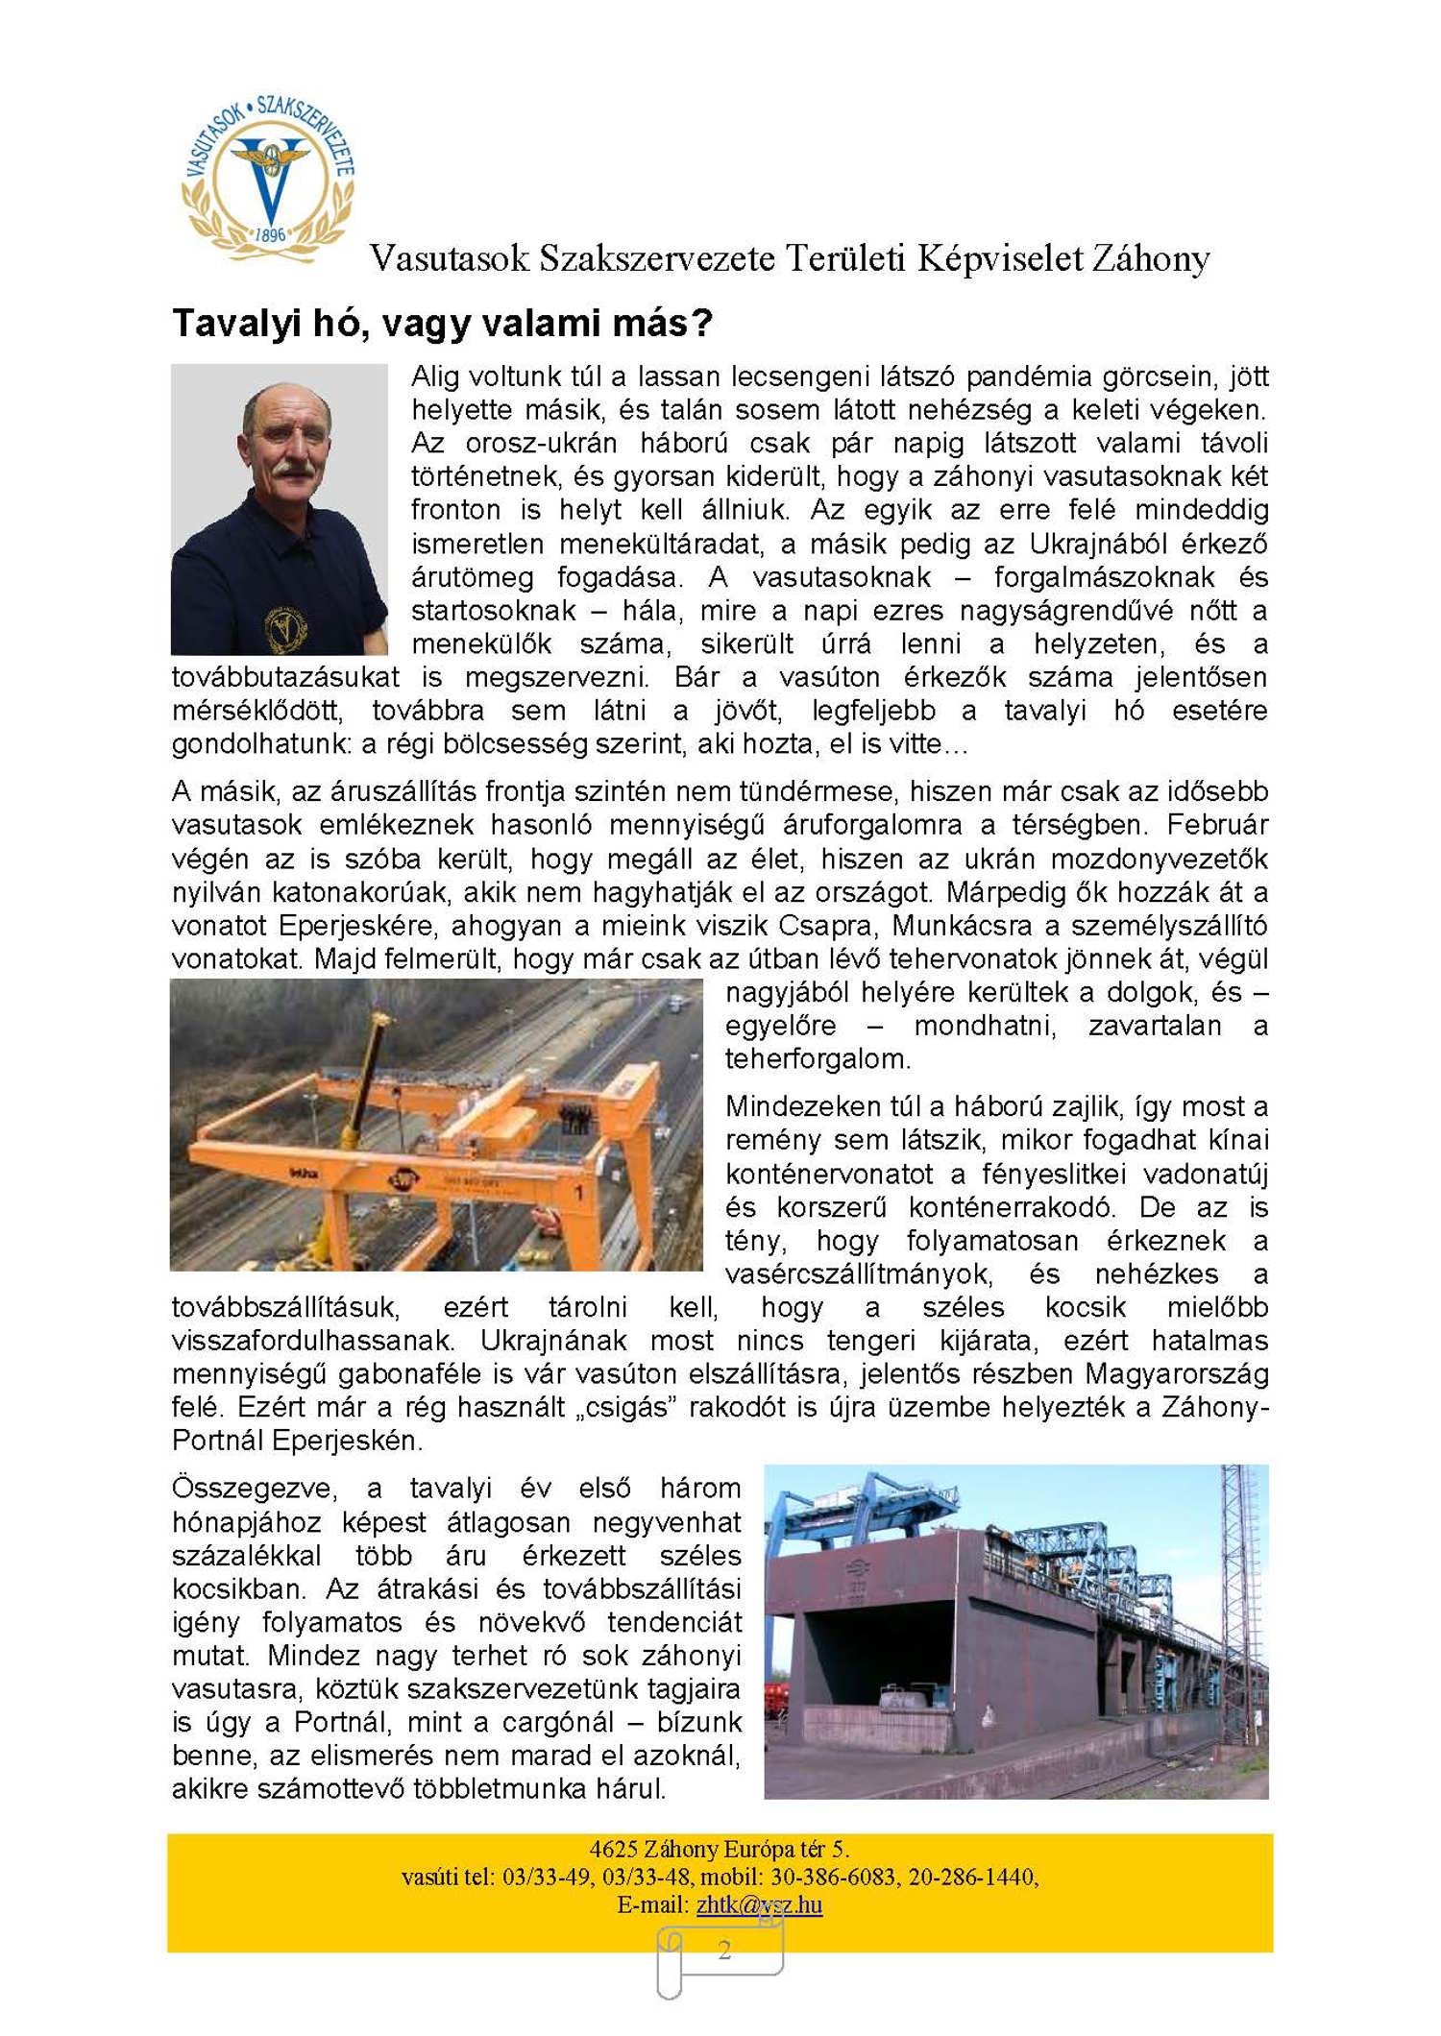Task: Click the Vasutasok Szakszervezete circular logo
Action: point(269,178)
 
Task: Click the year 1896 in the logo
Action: point(271,234)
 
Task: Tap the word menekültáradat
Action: point(659,545)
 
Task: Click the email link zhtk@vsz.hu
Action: point(759,1904)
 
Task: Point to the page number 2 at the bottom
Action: point(724,1950)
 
